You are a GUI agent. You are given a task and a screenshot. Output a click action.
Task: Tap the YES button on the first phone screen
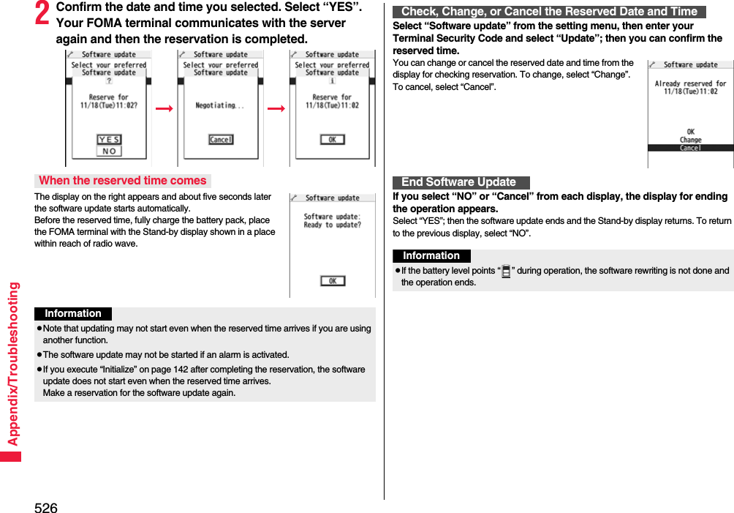(109, 140)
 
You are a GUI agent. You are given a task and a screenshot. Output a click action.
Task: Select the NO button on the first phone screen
(109, 151)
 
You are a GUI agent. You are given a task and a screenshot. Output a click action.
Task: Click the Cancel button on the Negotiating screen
(221, 140)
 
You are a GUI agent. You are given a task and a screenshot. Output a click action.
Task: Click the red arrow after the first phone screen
(164, 108)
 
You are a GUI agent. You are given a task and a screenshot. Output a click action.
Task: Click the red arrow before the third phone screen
(276, 108)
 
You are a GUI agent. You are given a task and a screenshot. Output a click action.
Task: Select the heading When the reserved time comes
(123, 181)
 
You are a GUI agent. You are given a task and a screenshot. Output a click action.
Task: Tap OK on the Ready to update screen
(332, 281)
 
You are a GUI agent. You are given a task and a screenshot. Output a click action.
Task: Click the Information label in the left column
(73, 314)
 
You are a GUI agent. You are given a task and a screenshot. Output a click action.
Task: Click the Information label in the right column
(431, 256)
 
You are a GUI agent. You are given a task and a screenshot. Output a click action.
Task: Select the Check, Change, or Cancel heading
(549, 12)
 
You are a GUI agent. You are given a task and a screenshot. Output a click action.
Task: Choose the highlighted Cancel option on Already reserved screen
(690, 148)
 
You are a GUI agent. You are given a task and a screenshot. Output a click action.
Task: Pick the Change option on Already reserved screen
(690, 140)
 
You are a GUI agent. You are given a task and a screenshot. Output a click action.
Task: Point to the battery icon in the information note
(506, 272)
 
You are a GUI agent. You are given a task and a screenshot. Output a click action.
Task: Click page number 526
(45, 507)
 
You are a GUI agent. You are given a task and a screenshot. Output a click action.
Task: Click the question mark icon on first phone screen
(109, 82)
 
